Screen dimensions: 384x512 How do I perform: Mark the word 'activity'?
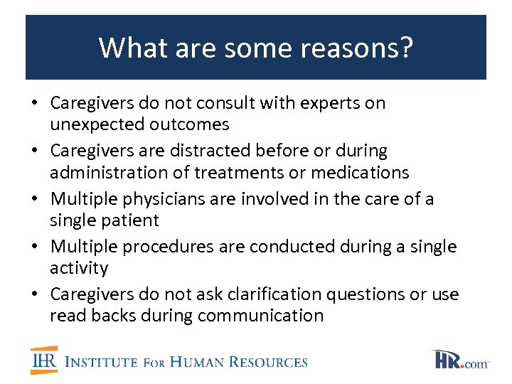tap(79, 268)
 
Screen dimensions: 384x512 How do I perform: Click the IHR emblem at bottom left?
tap(44, 361)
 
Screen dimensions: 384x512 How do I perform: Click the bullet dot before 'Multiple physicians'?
tap(35, 199)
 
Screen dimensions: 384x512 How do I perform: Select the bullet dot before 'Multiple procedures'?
tap(35, 247)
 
